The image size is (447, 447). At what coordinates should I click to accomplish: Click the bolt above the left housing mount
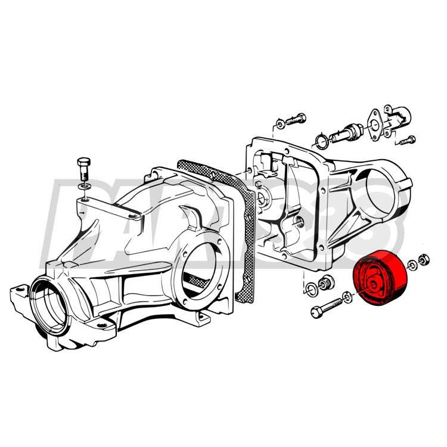pyautogui.click(x=84, y=169)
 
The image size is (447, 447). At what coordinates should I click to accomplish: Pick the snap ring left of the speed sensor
pyautogui.click(x=319, y=141)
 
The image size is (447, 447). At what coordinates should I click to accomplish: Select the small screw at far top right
pyautogui.click(x=407, y=140)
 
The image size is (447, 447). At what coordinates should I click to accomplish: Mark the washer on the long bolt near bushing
pyautogui.click(x=347, y=296)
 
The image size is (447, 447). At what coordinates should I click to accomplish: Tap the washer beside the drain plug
pyautogui.click(x=310, y=290)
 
